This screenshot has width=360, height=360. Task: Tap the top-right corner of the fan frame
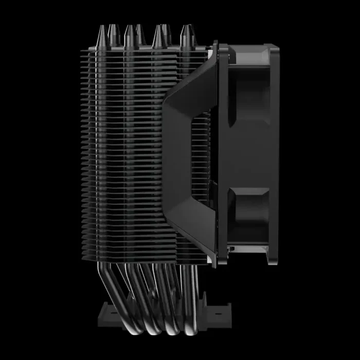[x=276, y=49]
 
